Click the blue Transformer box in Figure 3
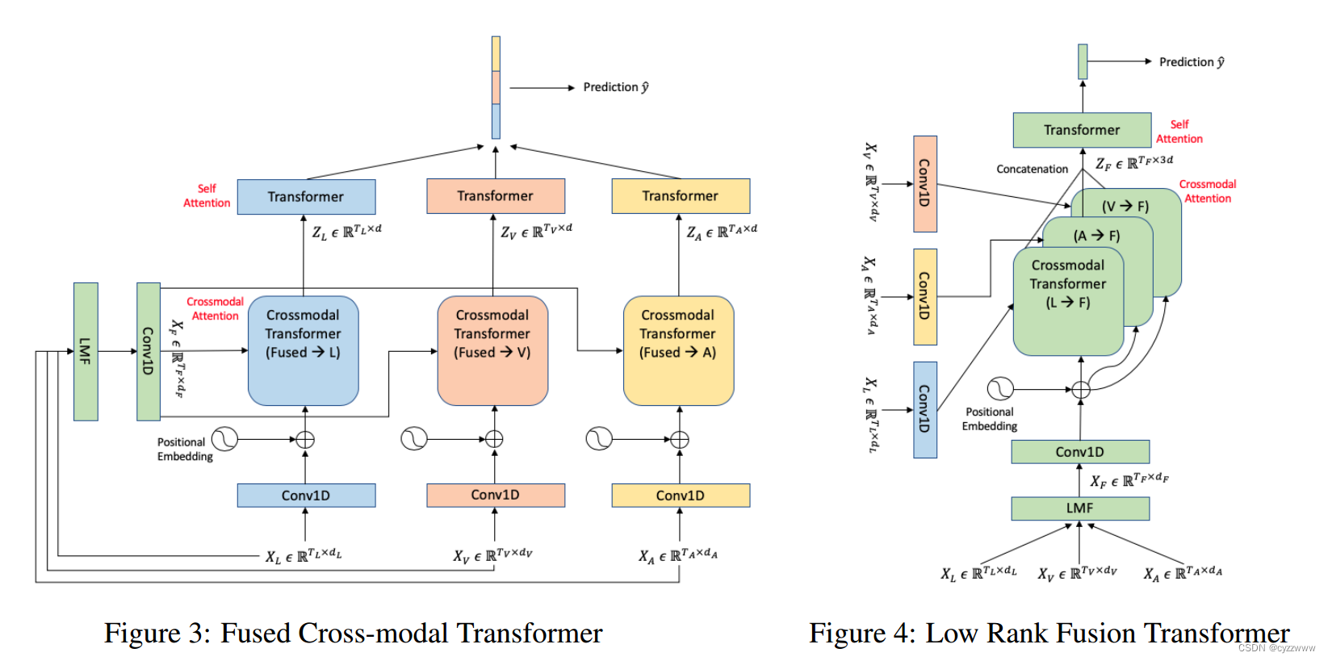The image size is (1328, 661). pyautogui.click(x=306, y=197)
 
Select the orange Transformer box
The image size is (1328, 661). pyautogui.click(x=495, y=196)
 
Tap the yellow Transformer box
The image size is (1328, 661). pyautogui.click(x=680, y=196)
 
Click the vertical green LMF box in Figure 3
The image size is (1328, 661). pyautogui.click(x=86, y=351)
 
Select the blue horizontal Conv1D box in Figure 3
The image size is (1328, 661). pyautogui.click(x=306, y=496)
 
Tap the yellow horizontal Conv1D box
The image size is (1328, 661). pyautogui.click(x=680, y=496)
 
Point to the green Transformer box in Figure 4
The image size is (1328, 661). pyautogui.click(x=1082, y=130)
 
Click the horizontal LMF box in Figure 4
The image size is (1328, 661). pyautogui.click(x=1079, y=508)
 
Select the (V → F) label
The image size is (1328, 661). pyautogui.click(x=1125, y=207)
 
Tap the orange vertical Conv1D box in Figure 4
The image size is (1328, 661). pyautogui.click(x=925, y=183)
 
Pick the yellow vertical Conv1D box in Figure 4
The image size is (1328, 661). pyautogui.click(x=925, y=296)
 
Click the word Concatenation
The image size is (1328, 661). pyautogui.click(x=1032, y=169)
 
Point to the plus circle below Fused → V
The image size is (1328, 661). pyautogui.click(x=494, y=439)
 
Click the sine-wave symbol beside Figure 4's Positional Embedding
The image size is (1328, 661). pyautogui.click(x=1000, y=389)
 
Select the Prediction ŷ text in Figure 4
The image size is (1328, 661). pyautogui.click(x=1192, y=62)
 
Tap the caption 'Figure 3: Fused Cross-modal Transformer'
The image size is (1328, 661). pyautogui.click(x=353, y=634)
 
